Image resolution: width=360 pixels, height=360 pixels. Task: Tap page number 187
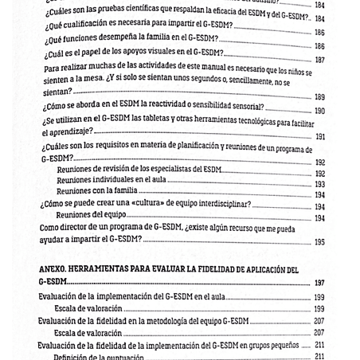[319, 60]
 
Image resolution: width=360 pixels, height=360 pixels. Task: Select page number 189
[319, 97]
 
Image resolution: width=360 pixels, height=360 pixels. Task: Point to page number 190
[319, 111]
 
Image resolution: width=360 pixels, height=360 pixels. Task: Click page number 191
[319, 136]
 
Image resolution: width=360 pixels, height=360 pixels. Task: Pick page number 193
[319, 183]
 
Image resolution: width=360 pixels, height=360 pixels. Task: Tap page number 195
[319, 241]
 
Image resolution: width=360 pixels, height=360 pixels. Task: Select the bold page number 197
[319, 283]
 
